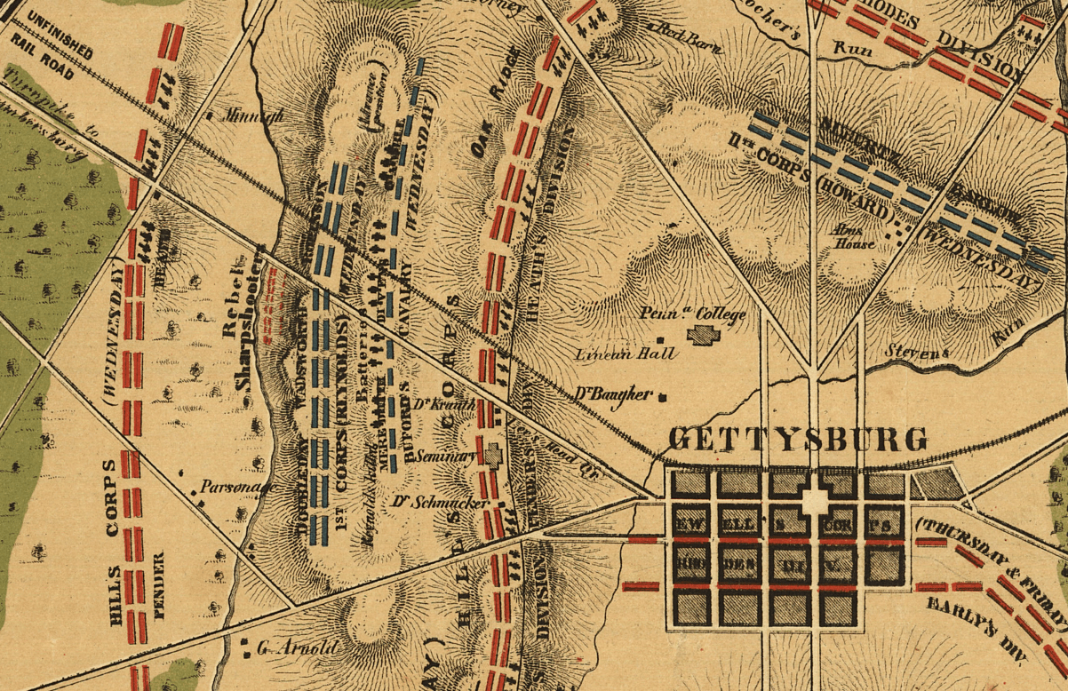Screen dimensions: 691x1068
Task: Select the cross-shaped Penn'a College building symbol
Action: (x=706, y=336)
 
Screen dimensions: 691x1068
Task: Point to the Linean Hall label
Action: (x=626, y=353)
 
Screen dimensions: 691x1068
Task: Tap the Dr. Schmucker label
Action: (x=440, y=503)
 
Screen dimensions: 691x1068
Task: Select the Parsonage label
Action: (x=227, y=487)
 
